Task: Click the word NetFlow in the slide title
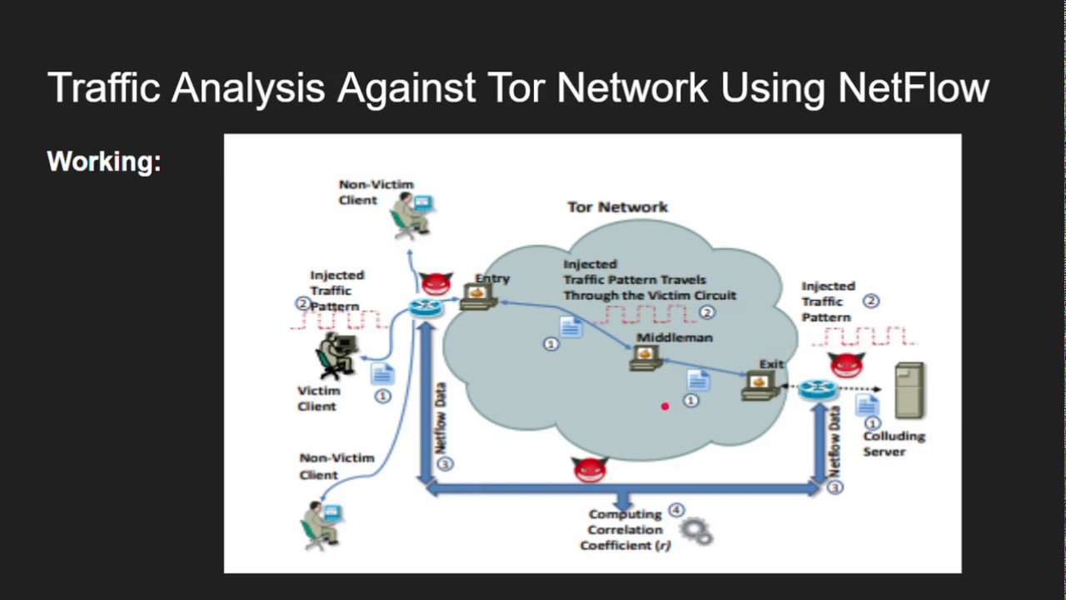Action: click(x=914, y=87)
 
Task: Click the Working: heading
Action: click(x=104, y=161)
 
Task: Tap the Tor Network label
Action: click(x=617, y=207)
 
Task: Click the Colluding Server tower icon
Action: click(x=909, y=390)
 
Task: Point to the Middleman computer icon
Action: click(x=645, y=356)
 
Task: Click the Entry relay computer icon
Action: click(x=478, y=297)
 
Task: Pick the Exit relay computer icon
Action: click(x=759, y=384)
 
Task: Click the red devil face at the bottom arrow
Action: click(x=590, y=469)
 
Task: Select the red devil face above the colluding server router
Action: click(x=846, y=364)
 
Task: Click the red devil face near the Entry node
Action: click(x=435, y=283)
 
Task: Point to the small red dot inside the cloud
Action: click(x=665, y=407)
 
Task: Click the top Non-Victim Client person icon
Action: click(x=411, y=215)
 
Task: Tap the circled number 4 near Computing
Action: click(x=676, y=510)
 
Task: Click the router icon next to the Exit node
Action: click(x=813, y=389)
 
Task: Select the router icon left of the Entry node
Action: click(x=426, y=307)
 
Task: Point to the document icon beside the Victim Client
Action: click(x=381, y=373)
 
